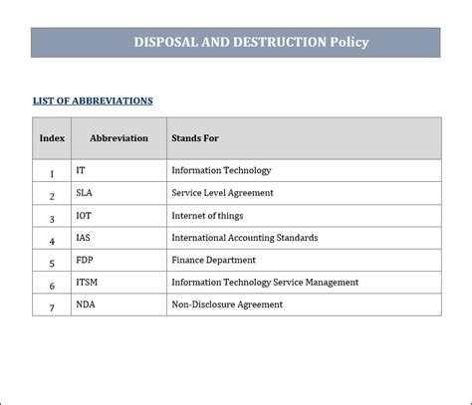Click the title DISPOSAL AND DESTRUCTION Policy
pos(251,42)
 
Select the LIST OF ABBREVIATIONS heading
pos(93,101)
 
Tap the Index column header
pos(52,138)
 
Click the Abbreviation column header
pos(118,138)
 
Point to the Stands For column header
pos(195,138)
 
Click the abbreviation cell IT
pos(81,171)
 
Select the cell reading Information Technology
pos(221,171)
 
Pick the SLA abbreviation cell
pos(84,193)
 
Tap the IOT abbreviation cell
pos(84,216)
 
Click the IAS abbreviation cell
pos(83,238)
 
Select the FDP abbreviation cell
pos(84,261)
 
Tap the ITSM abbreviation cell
pos(87,283)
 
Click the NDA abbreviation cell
pos(85,304)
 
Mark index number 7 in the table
pos(52,307)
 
